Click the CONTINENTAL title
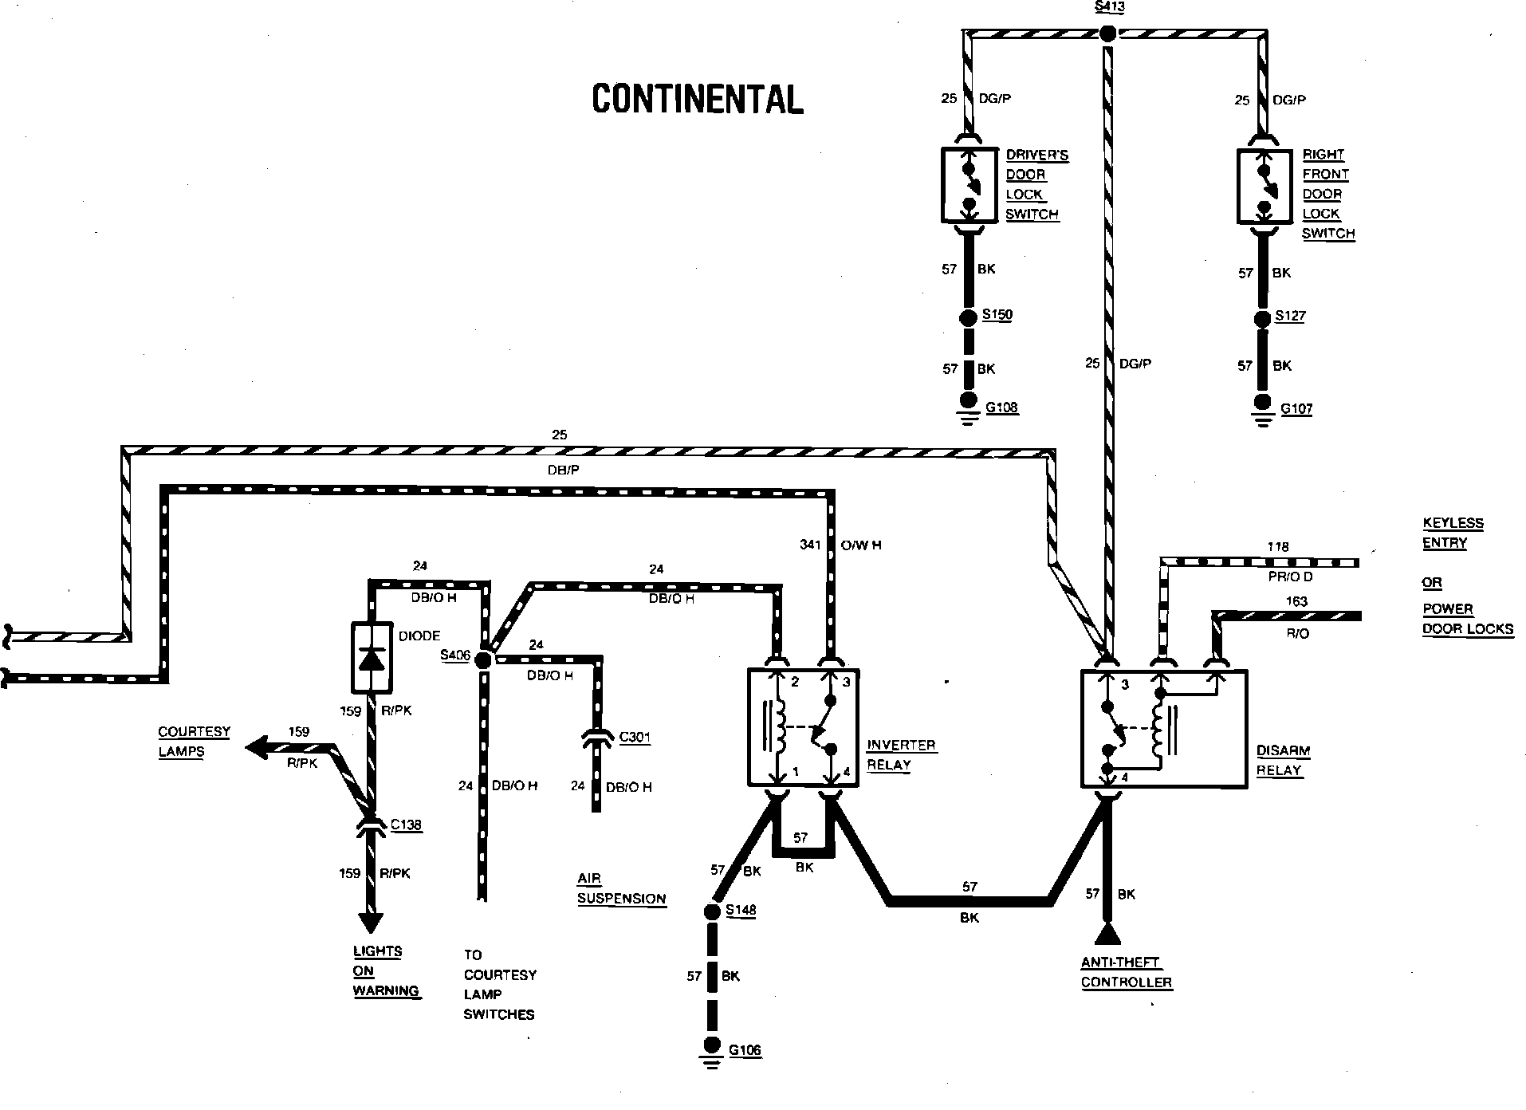coord(698,99)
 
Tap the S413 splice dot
coord(1107,33)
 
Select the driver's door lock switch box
coord(969,184)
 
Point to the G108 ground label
coord(1001,407)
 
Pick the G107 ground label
coord(1296,409)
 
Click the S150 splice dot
coord(968,318)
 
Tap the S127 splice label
coord(1289,316)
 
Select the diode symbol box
coord(372,657)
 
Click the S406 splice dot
coord(482,659)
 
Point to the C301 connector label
coord(635,737)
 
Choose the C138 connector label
coord(406,825)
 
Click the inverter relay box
coord(802,726)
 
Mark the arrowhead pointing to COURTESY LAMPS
coord(256,748)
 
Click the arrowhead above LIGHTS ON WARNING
coord(370,921)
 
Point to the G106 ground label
coord(745,1050)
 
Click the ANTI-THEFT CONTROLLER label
coord(1127,972)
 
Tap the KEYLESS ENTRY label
coord(1453,533)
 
